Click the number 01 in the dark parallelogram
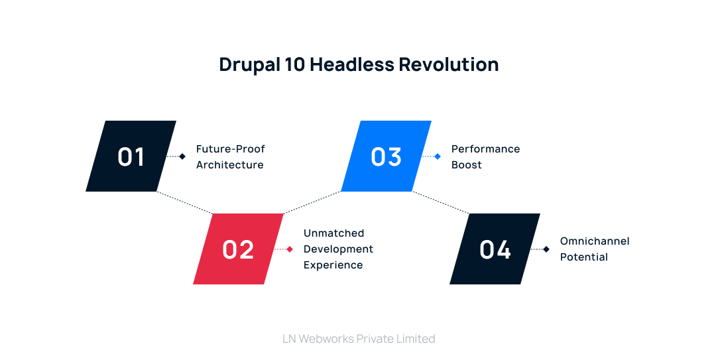131,156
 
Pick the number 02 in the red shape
238,249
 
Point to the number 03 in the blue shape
387,156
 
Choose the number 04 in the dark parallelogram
495,249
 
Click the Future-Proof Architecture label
230,156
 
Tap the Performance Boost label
485,156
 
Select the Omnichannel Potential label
594,249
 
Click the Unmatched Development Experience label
338,249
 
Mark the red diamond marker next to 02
290,249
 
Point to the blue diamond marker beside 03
438,156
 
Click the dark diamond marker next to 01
182,156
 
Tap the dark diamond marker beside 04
546,249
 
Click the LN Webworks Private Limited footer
359,339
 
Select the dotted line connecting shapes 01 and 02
185,202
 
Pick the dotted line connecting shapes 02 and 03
312,202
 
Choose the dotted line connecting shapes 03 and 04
441,202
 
